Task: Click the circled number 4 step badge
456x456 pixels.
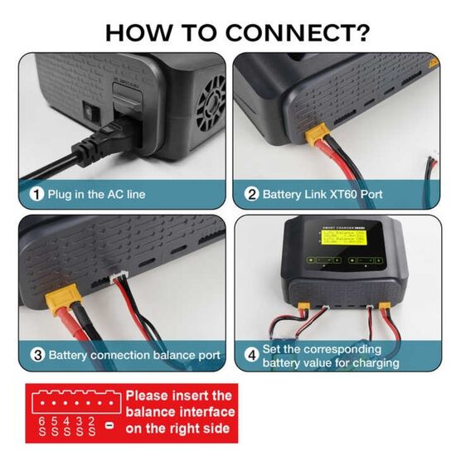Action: click(x=251, y=355)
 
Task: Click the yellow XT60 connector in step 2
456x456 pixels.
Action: click(x=318, y=136)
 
